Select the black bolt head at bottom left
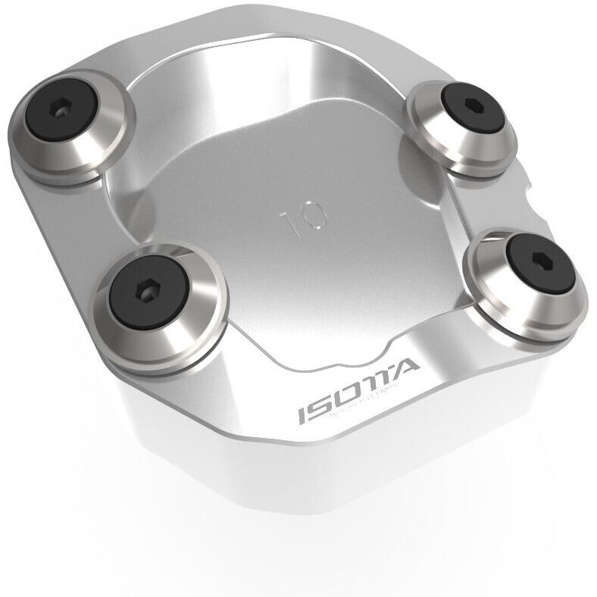149,289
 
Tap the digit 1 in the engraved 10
289,221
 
